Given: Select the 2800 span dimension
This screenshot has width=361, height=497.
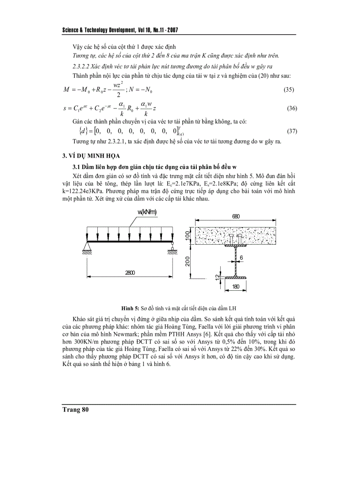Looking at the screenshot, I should click(130, 273).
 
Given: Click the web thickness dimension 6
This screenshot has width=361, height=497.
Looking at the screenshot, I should click(242, 256).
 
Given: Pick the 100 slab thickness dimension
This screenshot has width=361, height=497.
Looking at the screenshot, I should click(188, 236).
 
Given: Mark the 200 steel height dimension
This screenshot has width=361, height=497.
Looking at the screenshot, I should click(188, 262).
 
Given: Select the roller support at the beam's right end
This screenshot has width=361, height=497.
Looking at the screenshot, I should click(172, 246).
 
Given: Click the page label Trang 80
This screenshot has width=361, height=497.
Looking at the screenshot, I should click(76, 410).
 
